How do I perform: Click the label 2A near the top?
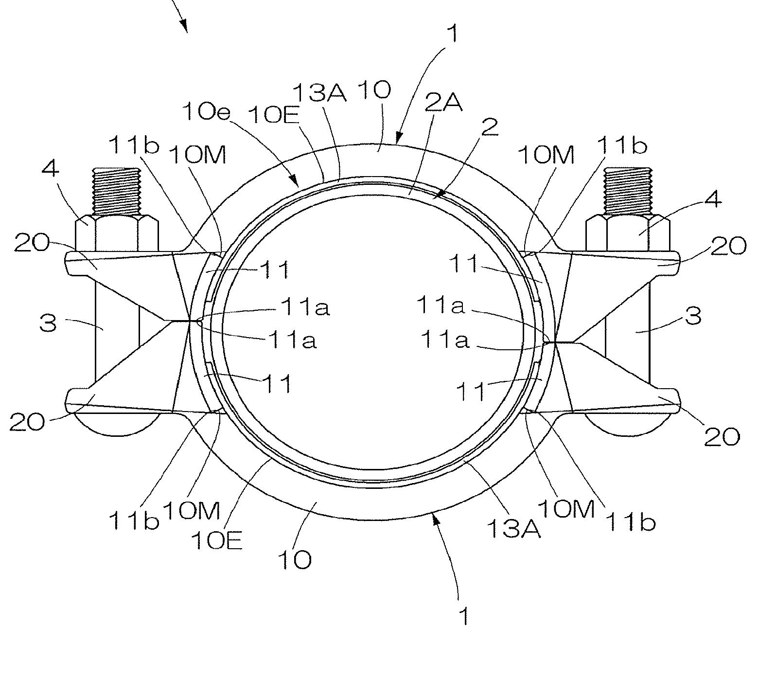[x=443, y=103]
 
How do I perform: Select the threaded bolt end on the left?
[x=116, y=191]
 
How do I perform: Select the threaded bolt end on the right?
[x=628, y=191]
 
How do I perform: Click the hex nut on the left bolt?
[x=117, y=234]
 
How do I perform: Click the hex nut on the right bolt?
[x=628, y=234]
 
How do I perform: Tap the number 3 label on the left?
[x=48, y=323]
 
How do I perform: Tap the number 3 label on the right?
[x=694, y=316]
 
